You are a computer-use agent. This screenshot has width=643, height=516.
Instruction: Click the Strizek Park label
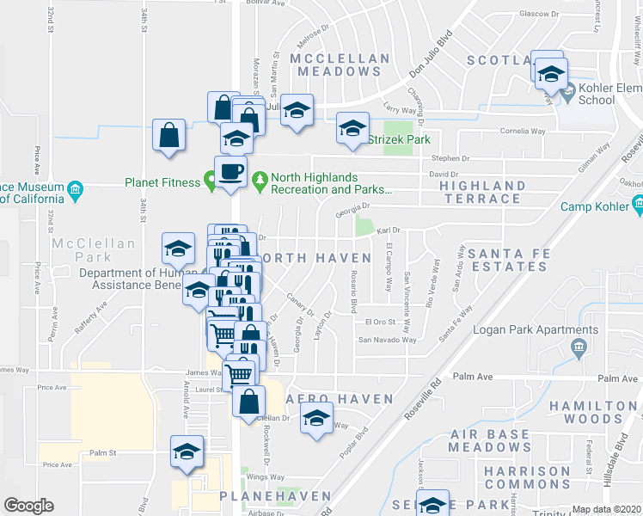(399, 139)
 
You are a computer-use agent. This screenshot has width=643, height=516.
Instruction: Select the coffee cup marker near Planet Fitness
(230, 172)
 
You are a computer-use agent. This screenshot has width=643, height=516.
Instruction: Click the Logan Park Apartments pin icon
(578, 347)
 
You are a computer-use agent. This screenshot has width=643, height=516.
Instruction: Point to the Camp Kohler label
(594, 206)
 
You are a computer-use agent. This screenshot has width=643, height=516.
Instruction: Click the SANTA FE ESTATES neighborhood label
(508, 259)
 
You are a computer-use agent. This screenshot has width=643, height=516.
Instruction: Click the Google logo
(28, 506)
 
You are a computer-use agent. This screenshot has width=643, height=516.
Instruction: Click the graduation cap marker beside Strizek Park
(352, 129)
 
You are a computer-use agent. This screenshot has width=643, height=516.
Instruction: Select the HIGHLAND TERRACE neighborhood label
(482, 192)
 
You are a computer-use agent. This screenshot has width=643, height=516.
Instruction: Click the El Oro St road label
(379, 322)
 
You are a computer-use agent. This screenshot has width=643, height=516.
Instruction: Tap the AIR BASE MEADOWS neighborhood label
(489, 440)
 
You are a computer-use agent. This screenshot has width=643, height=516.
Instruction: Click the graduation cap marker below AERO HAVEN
(315, 420)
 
